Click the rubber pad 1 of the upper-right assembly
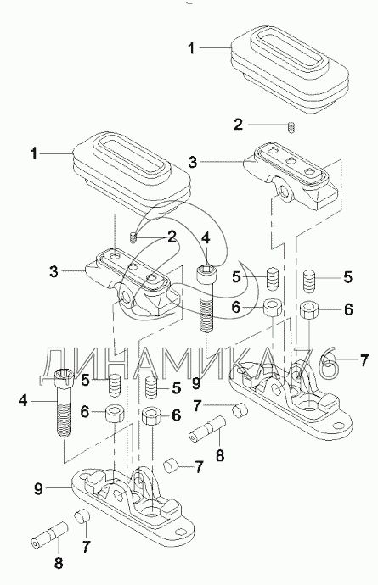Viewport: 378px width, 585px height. [290, 69]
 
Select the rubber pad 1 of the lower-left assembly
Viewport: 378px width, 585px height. [132, 174]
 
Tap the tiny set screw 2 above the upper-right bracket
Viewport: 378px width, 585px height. [291, 127]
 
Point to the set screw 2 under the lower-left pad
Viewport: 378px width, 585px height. [133, 237]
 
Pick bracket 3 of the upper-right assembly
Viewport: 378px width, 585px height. [291, 175]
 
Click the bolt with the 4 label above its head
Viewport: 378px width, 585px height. [206, 298]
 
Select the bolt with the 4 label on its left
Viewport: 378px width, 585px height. [64, 403]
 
